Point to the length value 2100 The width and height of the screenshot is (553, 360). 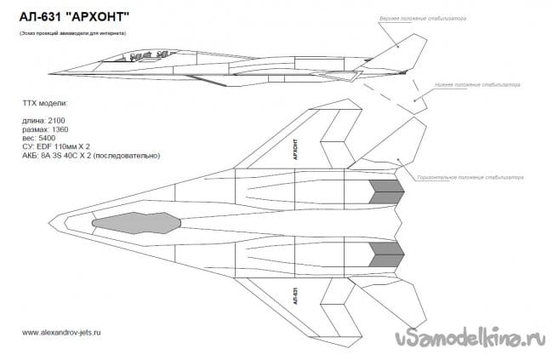coord(60,121)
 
